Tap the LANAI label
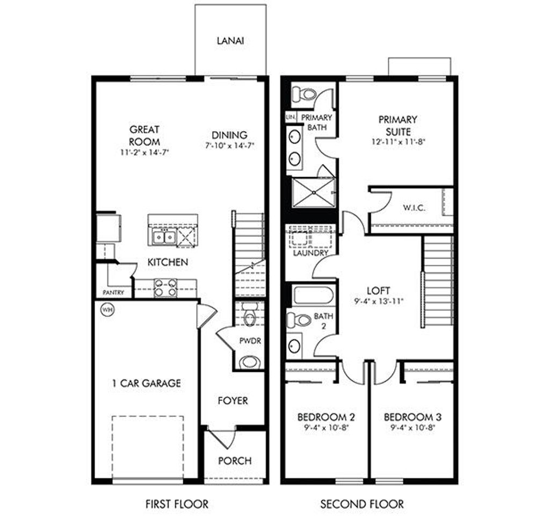[x=230, y=41]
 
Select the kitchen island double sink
[x=164, y=237]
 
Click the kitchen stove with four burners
[x=165, y=288]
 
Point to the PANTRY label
[x=113, y=293]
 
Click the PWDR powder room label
[x=250, y=341]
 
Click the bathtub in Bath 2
[x=313, y=296]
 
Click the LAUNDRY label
[x=310, y=253]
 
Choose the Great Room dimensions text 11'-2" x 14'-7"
[x=144, y=152]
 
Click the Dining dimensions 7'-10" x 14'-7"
[x=229, y=145]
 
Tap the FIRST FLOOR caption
[x=177, y=504]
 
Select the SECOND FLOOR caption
[x=362, y=504]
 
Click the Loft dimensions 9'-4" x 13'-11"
[x=379, y=301]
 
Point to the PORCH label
[x=235, y=460]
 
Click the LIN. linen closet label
[x=291, y=117]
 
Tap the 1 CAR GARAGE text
[x=146, y=383]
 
